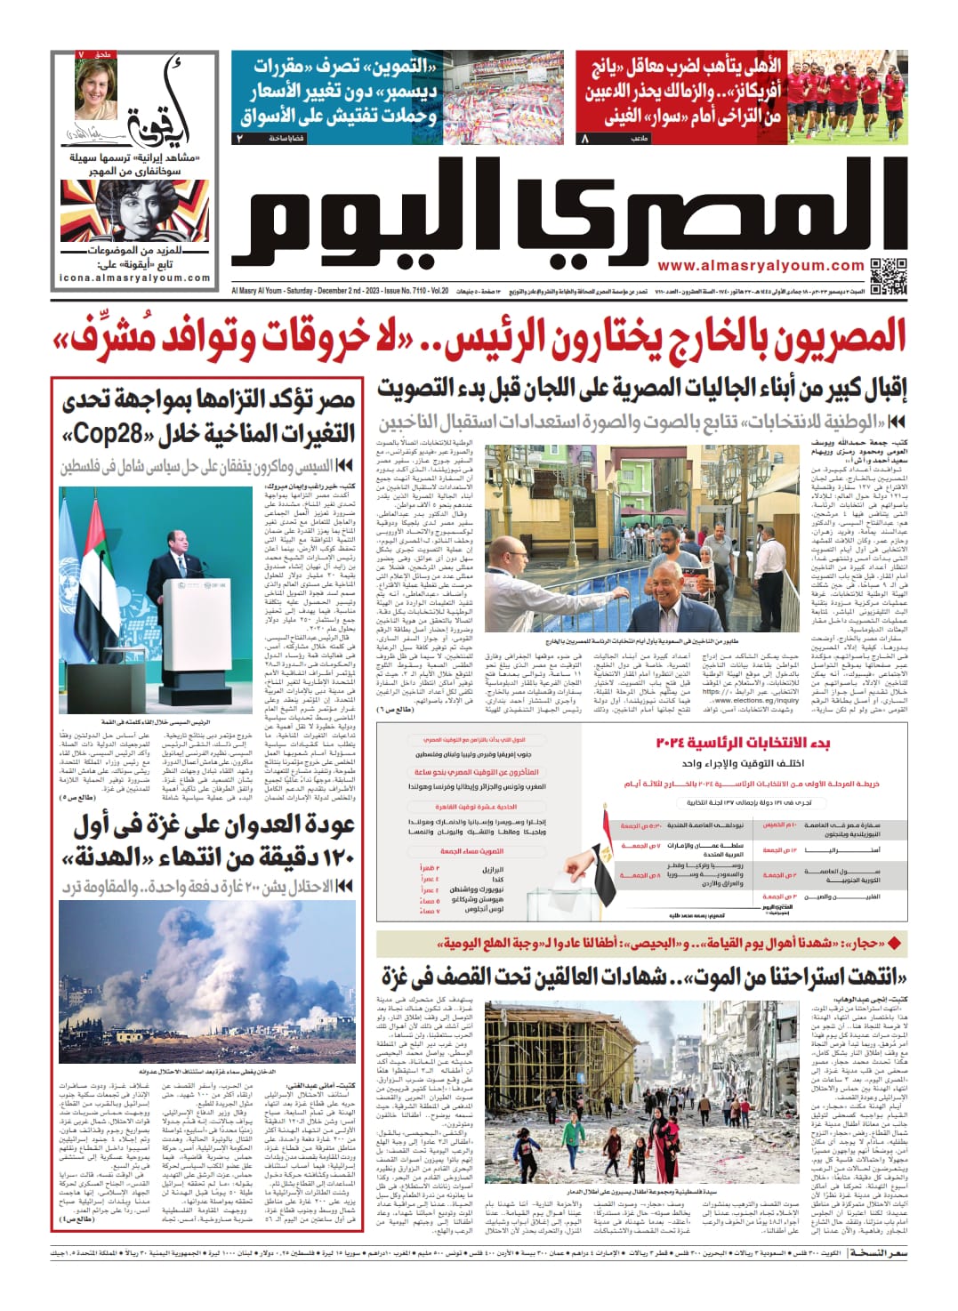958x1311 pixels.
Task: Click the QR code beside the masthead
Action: (888, 275)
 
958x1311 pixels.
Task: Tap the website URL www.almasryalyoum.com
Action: (761, 266)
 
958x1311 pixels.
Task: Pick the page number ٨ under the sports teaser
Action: (584, 139)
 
